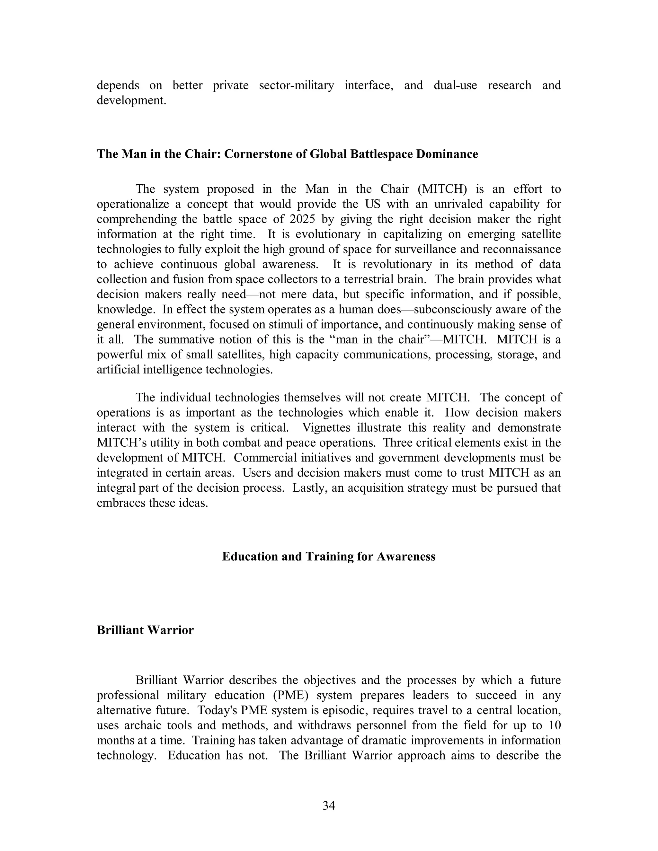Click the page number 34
329,805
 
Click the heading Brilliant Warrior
145,630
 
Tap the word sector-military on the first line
296,85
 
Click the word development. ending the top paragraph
131,101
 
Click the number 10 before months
554,725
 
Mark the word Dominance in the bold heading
447,154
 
